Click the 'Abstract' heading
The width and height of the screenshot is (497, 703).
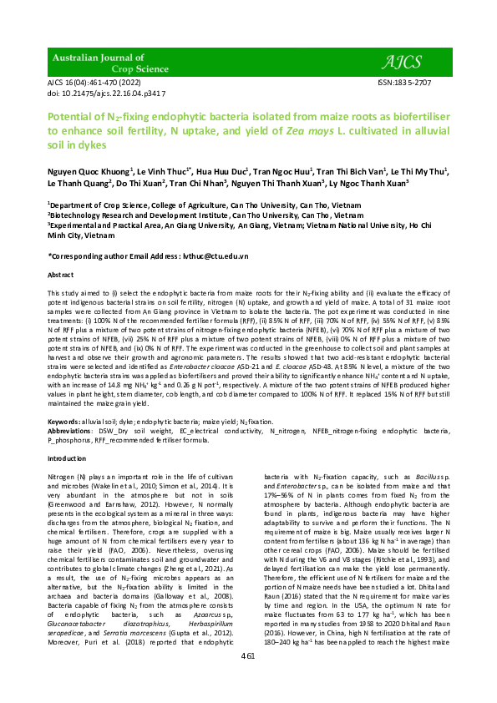61,275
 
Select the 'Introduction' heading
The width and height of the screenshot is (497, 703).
66,458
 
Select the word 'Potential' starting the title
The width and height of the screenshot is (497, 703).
72,119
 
